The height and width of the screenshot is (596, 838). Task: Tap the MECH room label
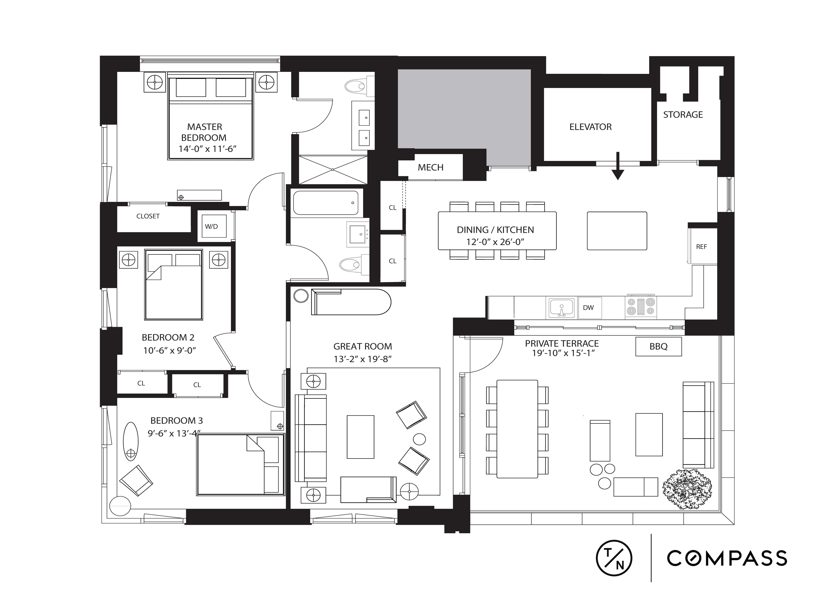click(x=430, y=167)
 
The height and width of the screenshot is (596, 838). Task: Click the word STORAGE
click(x=683, y=115)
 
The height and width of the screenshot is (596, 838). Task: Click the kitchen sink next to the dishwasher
click(x=561, y=308)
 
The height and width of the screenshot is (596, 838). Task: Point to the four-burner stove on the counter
click(x=641, y=307)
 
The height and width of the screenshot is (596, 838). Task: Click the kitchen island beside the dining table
click(x=617, y=231)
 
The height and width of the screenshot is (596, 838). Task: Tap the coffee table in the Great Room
click(x=360, y=437)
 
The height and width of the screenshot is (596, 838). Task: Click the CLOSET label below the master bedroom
click(x=148, y=216)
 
